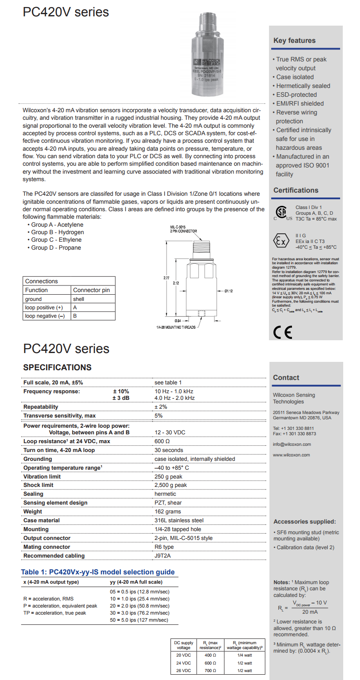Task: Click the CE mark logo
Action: pyautogui.click(x=283, y=332)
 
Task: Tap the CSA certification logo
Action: pyautogui.click(x=282, y=213)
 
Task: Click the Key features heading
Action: pyautogui.click(x=294, y=41)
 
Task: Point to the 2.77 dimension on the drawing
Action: pyautogui.click(x=166, y=278)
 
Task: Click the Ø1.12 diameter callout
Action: pyautogui.click(x=228, y=291)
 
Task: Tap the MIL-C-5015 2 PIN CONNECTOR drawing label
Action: pyautogui.click(x=183, y=229)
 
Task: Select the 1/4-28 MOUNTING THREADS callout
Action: pyautogui.click(x=176, y=327)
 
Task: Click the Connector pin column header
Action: pyautogui.click(x=91, y=290)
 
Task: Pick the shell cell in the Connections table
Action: pyautogui.click(x=79, y=299)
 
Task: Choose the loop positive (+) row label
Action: pyautogui.click(x=44, y=308)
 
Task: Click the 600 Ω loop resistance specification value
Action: pyautogui.click(x=162, y=441)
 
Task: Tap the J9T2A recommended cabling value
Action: pyautogui.click(x=163, y=556)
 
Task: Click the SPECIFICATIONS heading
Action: pyautogui.click(x=57, y=368)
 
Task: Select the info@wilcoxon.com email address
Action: pyautogui.click(x=292, y=444)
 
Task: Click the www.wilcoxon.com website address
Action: pyautogui.click(x=291, y=455)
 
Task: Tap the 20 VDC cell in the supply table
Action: pyautogui.click(x=184, y=655)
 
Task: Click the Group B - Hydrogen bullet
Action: pyautogui.click(x=55, y=232)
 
